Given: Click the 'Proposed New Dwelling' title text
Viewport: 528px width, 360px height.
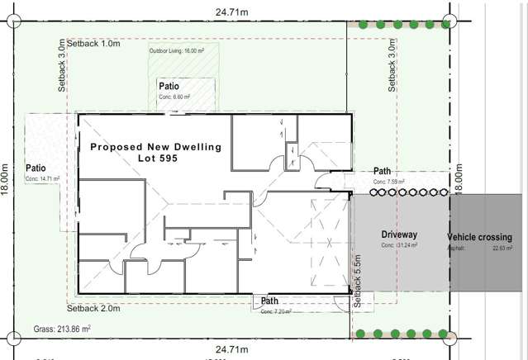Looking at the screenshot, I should [155, 147].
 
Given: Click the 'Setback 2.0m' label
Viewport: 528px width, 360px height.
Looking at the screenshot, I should [94, 309].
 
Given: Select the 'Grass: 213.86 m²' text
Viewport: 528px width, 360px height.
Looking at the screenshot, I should [62, 329].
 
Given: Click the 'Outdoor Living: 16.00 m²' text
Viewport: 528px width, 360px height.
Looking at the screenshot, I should [177, 51].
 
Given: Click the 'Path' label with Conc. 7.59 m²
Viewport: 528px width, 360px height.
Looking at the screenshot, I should [382, 171].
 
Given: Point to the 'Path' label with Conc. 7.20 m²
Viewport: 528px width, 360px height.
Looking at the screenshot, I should [269, 301].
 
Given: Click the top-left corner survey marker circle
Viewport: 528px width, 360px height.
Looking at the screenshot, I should [11, 21].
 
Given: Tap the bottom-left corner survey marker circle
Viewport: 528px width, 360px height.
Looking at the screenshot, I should [11, 337].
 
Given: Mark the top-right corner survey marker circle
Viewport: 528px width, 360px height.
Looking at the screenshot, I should [450, 21].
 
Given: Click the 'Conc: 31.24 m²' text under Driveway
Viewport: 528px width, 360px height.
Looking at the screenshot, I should [400, 246].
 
